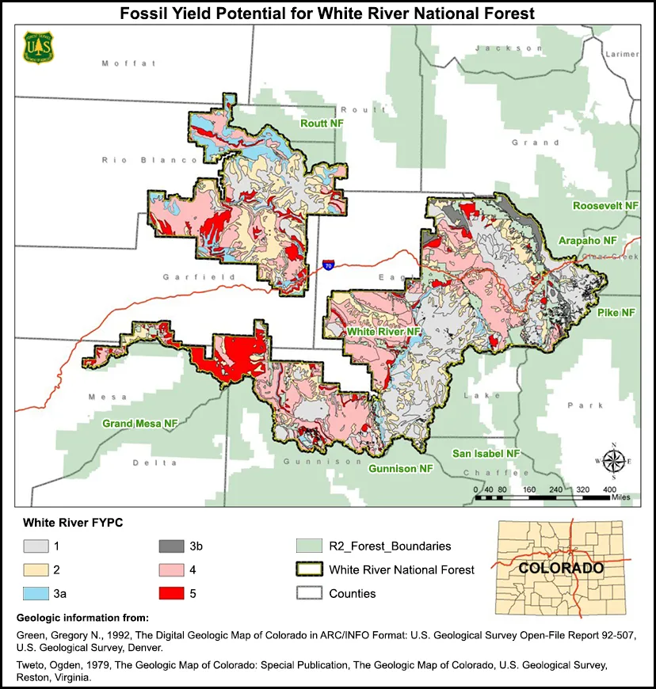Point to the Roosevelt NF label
point(605,205)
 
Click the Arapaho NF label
point(587,240)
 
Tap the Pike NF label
point(616,313)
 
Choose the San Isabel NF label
point(486,453)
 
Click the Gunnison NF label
point(400,469)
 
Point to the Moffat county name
point(128,63)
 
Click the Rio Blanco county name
point(149,160)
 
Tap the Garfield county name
point(188,277)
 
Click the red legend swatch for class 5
point(173,593)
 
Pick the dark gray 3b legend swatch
point(173,546)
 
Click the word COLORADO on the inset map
point(560,568)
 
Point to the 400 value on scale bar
point(609,489)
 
